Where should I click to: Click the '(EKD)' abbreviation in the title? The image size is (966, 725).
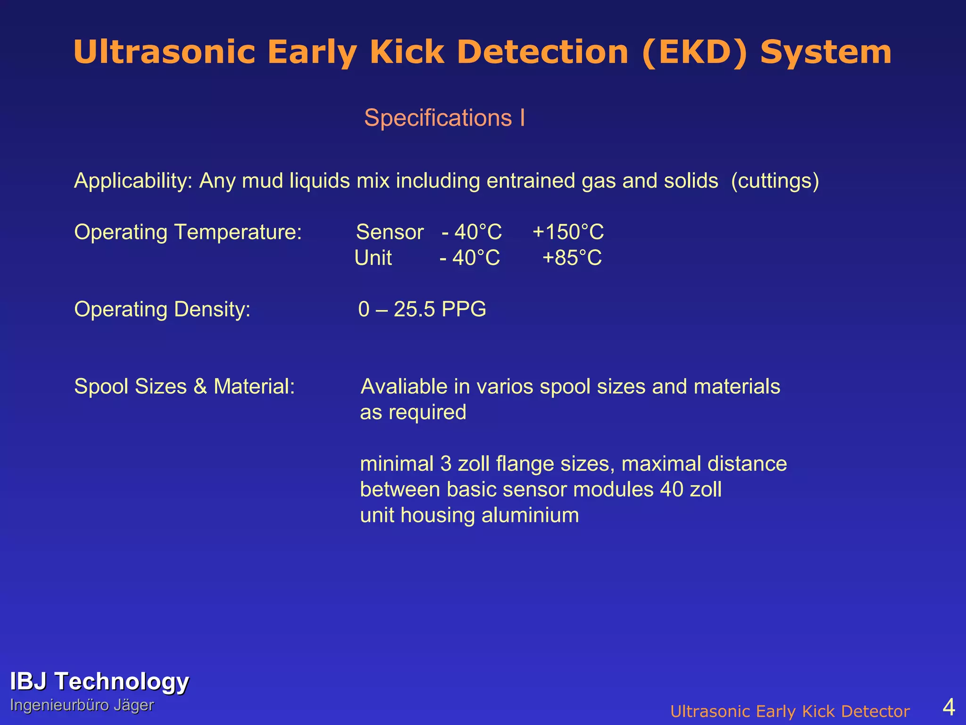(x=695, y=52)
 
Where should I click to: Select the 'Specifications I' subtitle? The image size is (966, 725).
(x=444, y=118)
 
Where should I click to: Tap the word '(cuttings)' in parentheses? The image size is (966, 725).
(x=775, y=181)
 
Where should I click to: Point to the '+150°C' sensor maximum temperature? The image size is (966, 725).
(x=568, y=232)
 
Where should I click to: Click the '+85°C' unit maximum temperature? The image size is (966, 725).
(x=572, y=258)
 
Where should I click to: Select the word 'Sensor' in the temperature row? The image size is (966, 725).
(x=390, y=232)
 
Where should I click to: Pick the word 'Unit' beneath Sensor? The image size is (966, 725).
(x=373, y=258)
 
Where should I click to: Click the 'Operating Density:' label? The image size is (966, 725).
(x=162, y=310)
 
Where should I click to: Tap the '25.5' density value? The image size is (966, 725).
(x=414, y=310)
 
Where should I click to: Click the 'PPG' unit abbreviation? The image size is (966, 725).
(x=464, y=310)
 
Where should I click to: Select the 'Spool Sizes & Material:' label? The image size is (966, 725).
(x=184, y=387)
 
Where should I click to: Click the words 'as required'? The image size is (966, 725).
(x=413, y=413)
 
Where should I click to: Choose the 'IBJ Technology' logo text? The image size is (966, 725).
(x=100, y=682)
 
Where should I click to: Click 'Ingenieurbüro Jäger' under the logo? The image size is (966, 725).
(x=82, y=705)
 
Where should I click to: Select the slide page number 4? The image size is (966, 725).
(x=949, y=707)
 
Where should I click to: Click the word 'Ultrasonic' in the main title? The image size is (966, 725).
(x=164, y=52)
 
